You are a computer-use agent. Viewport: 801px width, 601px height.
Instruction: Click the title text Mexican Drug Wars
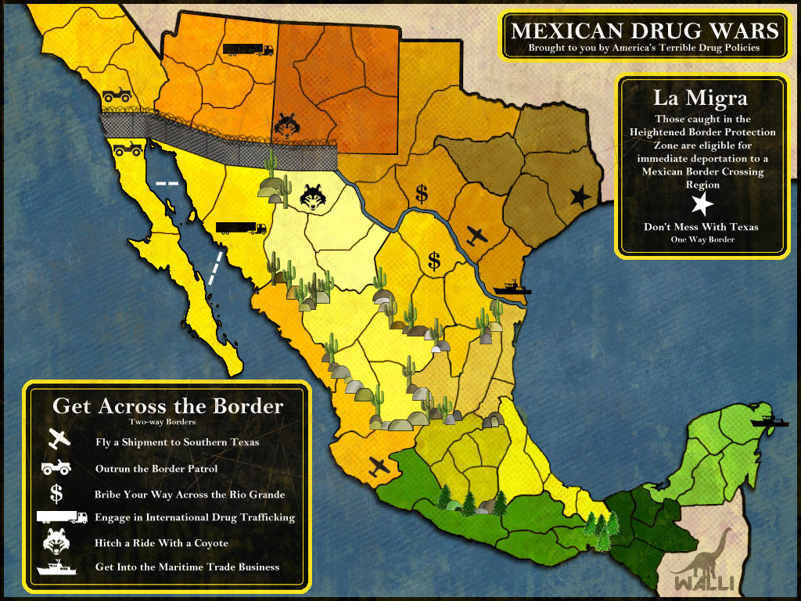(x=644, y=31)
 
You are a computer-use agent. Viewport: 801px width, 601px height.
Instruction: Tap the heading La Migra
(x=701, y=99)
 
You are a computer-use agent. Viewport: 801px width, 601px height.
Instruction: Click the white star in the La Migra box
(x=702, y=204)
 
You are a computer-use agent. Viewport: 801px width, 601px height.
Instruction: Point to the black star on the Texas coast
(x=580, y=197)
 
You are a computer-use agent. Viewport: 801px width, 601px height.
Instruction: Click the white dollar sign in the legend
(x=56, y=493)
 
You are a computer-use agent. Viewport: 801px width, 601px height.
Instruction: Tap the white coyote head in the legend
(x=57, y=542)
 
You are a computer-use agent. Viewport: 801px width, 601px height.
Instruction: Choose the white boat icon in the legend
(x=59, y=567)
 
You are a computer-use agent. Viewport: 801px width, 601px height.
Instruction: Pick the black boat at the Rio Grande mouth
(x=512, y=289)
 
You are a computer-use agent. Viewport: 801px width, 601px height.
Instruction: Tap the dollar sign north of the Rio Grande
(x=422, y=193)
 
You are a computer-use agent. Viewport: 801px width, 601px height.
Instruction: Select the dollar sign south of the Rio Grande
(x=434, y=261)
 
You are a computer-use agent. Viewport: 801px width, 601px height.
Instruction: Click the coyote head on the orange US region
(x=287, y=125)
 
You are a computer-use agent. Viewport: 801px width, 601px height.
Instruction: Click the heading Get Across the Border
(x=167, y=406)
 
